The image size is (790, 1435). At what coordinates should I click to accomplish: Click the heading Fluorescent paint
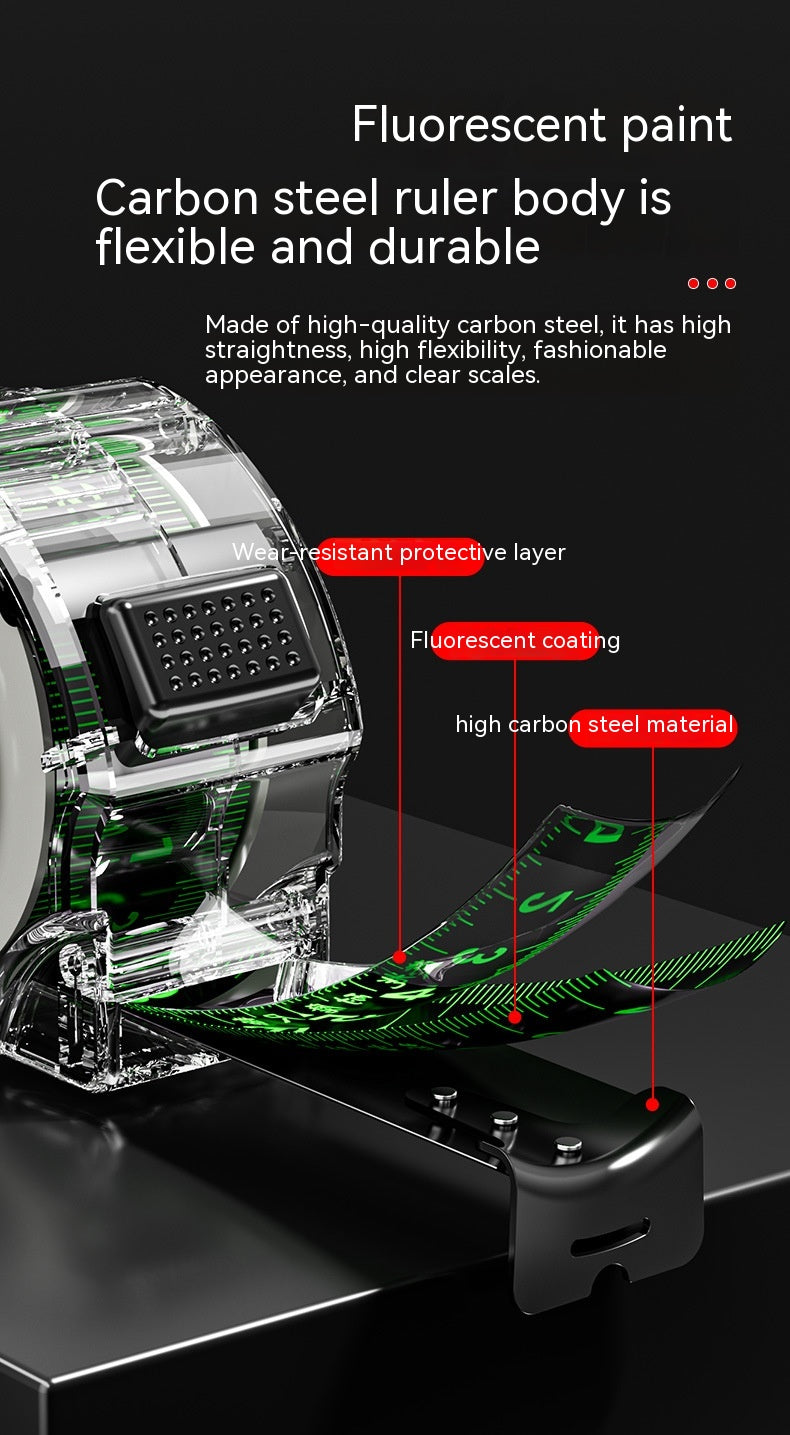coord(542,125)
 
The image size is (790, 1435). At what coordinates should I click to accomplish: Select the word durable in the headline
coord(454,247)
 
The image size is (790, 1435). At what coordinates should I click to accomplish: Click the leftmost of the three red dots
coord(693,283)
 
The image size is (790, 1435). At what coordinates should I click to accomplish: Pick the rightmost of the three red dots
coord(730,283)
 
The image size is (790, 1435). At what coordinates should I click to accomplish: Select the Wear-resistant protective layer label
coord(399,552)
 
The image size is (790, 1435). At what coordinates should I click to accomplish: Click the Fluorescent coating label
coord(515,640)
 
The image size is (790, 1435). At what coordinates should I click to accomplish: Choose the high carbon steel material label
coord(595,726)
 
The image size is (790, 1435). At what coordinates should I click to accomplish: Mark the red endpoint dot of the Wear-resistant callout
coord(400,957)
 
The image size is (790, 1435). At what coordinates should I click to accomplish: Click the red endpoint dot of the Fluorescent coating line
coord(514,1017)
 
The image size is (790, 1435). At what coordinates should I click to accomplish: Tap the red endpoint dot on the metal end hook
coord(652,1104)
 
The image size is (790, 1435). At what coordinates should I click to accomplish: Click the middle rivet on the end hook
coord(504,1119)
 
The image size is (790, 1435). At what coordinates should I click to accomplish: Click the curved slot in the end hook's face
coord(610,1237)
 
